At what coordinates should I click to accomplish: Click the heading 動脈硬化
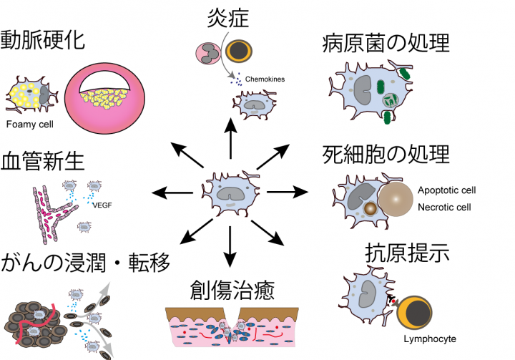43,40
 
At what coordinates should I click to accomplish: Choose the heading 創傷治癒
232,291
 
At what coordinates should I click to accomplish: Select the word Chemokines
265,79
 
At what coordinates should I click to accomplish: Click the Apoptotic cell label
446,191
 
